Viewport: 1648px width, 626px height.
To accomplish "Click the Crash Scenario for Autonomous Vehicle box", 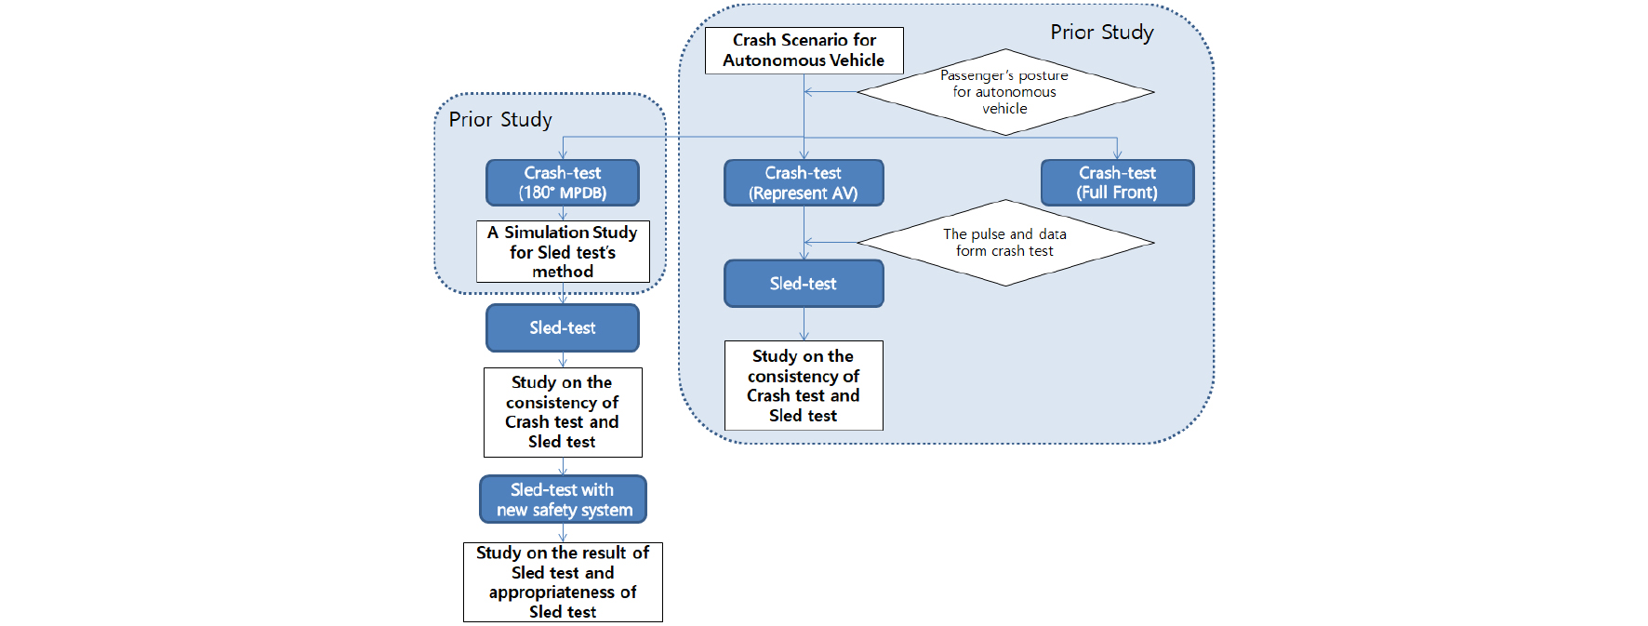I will [804, 50].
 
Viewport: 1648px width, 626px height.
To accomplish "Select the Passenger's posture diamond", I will [1004, 92].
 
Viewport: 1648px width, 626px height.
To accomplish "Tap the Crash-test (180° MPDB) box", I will [562, 182].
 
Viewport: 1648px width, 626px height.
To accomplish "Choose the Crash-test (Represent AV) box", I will [804, 182].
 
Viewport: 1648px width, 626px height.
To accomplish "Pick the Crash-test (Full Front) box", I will [1117, 182].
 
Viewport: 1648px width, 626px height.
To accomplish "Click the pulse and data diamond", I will [1004, 243].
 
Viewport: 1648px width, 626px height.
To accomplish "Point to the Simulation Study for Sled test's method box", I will [562, 251].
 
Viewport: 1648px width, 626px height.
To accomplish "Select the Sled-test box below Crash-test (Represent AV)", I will [804, 284].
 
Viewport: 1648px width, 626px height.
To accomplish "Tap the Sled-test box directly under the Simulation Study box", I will [562, 327].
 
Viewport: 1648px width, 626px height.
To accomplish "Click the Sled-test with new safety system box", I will [562, 499].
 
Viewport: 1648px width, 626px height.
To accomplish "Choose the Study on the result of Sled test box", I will [562, 582].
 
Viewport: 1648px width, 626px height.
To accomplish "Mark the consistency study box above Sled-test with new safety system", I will [562, 412].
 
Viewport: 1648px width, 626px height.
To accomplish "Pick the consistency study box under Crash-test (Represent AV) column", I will [804, 385].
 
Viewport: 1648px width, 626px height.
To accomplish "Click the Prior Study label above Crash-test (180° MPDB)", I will [500, 120].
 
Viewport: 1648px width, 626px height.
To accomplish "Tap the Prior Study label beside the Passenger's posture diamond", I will [1102, 33].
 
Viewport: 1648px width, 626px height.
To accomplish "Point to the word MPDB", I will [583, 193].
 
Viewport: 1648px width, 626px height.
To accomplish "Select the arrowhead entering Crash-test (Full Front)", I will [1117, 154].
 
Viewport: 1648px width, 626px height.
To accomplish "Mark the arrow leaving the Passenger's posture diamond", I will [830, 92].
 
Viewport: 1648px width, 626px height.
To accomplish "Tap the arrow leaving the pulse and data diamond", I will [830, 243].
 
